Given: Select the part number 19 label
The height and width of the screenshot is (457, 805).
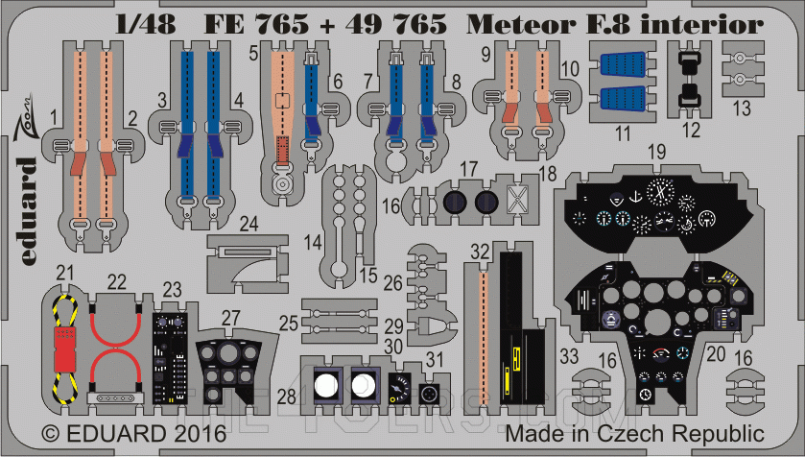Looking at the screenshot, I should [x=656, y=152].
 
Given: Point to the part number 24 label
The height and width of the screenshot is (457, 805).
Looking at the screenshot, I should [x=249, y=224].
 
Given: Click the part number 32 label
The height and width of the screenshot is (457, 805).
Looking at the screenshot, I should [x=481, y=251].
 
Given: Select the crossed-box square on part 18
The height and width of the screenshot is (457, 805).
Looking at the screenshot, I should [x=517, y=201].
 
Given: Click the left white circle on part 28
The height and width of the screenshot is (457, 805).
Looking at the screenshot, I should [x=327, y=386].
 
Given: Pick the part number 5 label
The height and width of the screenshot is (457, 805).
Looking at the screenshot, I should [x=253, y=55].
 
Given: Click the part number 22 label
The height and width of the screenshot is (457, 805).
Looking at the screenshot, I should [x=116, y=281].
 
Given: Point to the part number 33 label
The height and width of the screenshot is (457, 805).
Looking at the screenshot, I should [x=569, y=357].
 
